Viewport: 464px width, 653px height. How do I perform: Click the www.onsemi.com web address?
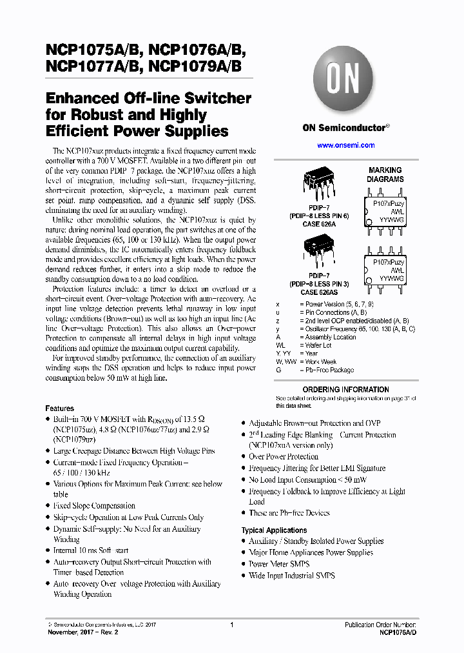click(346, 146)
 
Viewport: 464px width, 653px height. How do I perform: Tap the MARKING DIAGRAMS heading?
click(385, 175)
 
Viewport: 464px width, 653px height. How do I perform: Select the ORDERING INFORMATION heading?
click(345, 390)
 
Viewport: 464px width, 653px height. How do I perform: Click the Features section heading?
click(59, 408)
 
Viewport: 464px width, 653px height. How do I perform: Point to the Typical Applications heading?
click(274, 530)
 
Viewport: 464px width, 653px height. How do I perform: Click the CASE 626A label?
click(320, 224)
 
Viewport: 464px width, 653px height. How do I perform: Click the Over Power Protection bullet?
click(284, 456)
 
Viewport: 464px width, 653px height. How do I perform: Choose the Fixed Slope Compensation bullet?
click(94, 506)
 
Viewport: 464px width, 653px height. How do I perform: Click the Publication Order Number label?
click(380, 625)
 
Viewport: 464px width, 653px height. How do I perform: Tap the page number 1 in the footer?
click(231, 625)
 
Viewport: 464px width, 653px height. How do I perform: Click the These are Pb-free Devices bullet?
click(289, 513)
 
